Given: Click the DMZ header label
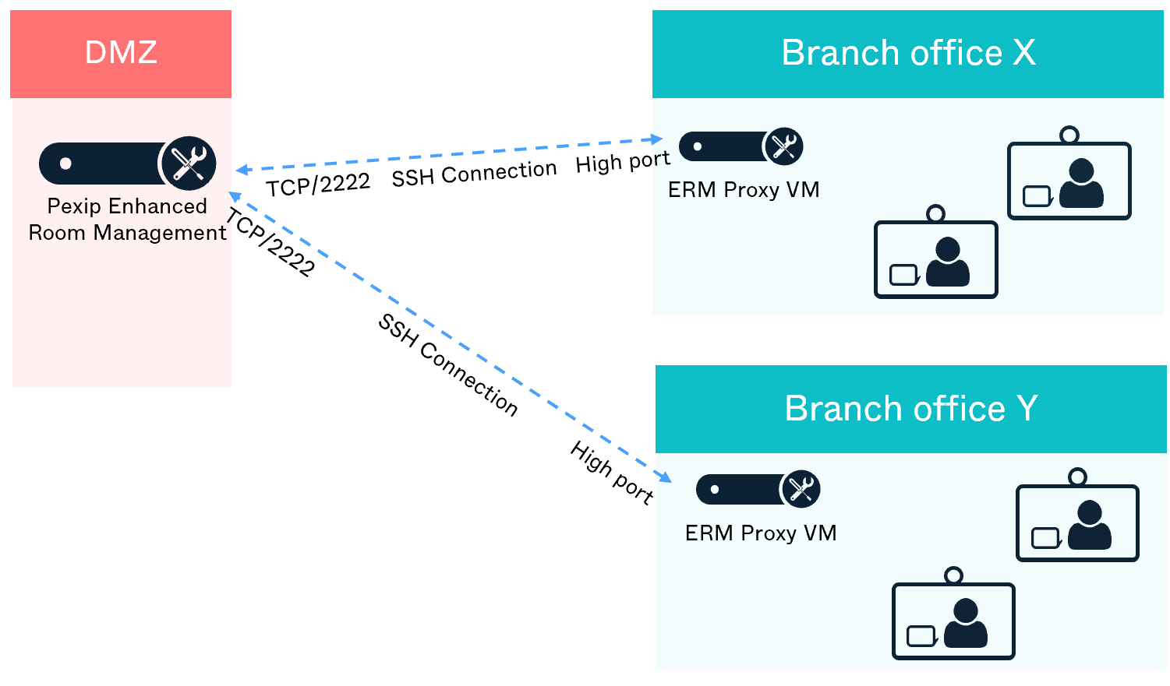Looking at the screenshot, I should tap(121, 53).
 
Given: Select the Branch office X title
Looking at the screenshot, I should tap(908, 53).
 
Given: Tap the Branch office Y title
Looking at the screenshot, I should tap(910, 408).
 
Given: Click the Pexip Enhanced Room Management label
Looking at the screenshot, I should tap(127, 220).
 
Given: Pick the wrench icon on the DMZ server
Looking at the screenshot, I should tap(188, 164).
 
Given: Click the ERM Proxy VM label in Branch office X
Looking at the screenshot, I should tap(744, 190).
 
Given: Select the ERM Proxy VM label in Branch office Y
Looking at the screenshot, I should tap(761, 533).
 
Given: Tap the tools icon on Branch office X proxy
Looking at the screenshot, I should tap(783, 146).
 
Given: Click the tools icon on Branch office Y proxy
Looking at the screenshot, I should tap(801, 489).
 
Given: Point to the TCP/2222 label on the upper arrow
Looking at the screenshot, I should tap(318, 185).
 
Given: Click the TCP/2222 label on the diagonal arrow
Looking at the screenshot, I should tap(270, 243).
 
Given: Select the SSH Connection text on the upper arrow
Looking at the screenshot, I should tap(474, 174).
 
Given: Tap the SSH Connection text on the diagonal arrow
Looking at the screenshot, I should tap(448, 364).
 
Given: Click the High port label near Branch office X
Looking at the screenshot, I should tap(623, 162).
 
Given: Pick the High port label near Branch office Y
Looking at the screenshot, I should tap(612, 472).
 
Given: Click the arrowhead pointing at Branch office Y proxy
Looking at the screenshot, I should tap(665, 477).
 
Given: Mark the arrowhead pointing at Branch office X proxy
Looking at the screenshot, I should tap(656, 139).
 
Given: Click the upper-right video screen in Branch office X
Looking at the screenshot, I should tap(1069, 181).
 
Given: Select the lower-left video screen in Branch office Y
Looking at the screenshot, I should tap(953, 621).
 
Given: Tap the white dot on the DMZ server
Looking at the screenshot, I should tap(66, 164).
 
